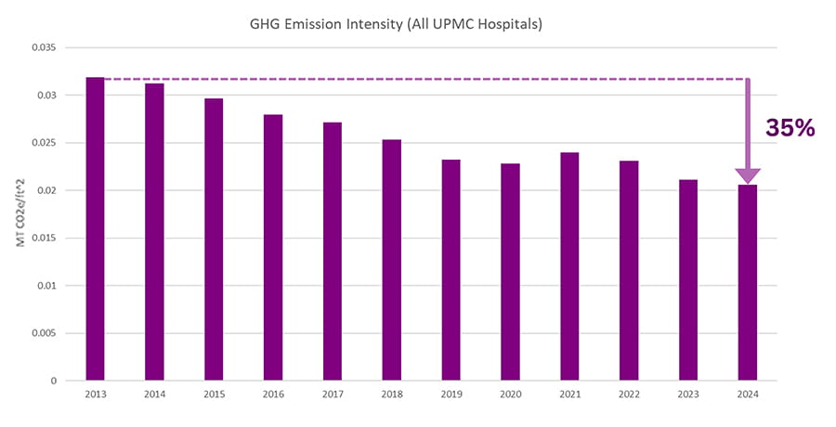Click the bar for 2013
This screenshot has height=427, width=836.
coord(95,229)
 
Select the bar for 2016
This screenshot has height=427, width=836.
coord(272,248)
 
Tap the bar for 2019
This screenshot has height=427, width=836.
coord(451,270)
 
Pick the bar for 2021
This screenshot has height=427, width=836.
coord(569,266)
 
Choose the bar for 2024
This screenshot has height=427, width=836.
coord(747,282)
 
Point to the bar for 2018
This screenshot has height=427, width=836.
coord(391,260)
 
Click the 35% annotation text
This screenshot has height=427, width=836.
coord(790,128)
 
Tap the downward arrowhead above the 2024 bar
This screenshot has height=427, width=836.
coord(748,175)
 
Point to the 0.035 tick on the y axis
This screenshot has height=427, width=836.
coord(44,47)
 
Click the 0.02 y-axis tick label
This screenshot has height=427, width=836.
coord(46,190)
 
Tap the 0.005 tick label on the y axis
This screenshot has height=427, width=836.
coord(44,333)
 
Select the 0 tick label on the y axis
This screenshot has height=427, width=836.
coord(55,381)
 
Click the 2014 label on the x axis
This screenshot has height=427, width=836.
coord(154,395)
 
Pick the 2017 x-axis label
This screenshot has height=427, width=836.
coord(332,395)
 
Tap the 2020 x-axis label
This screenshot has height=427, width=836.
coord(510,395)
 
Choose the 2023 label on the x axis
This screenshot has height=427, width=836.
coord(687,395)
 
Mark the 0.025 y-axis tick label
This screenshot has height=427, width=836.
coord(44,143)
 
